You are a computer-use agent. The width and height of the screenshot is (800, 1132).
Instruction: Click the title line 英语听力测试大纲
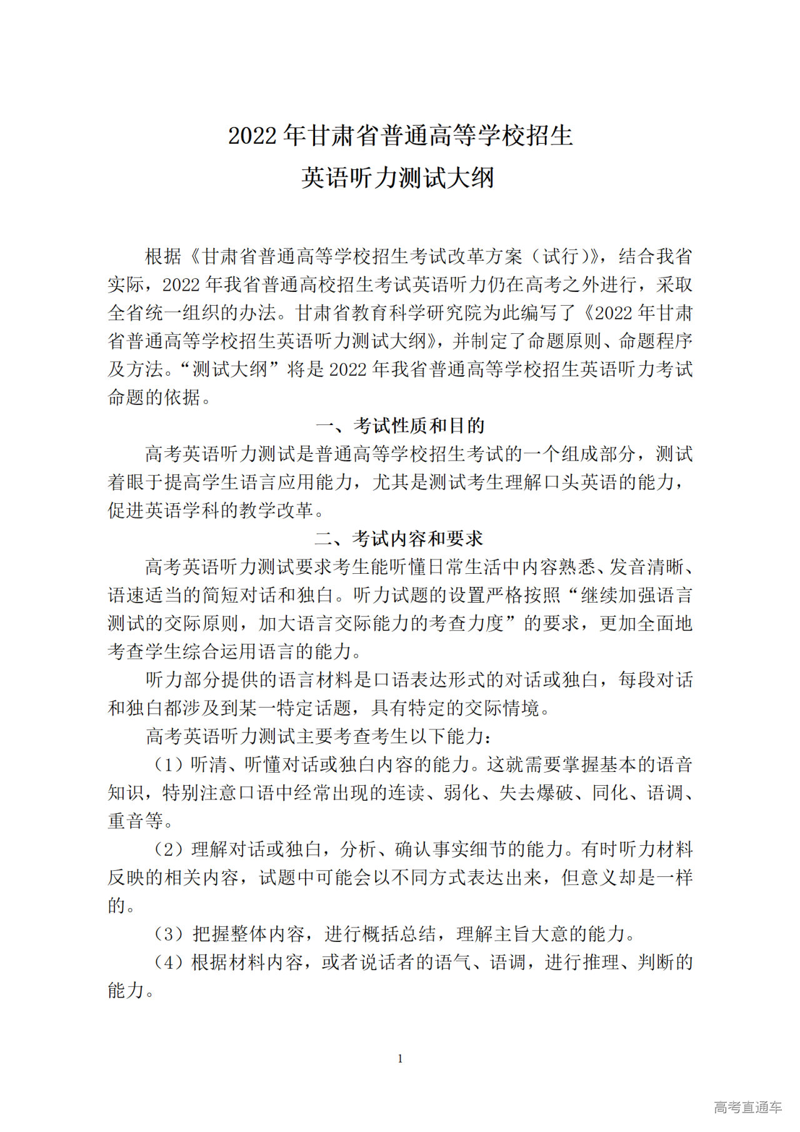tap(398, 178)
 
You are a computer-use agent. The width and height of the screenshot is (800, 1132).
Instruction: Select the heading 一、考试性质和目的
tap(400, 426)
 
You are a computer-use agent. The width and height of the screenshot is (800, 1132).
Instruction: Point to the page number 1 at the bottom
tap(400, 1059)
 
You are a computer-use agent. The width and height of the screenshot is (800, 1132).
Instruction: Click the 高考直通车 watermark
tap(747, 1107)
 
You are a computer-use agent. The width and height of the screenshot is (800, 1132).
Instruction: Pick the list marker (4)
tap(169, 962)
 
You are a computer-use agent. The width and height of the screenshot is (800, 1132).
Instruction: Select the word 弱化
tap(462, 793)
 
